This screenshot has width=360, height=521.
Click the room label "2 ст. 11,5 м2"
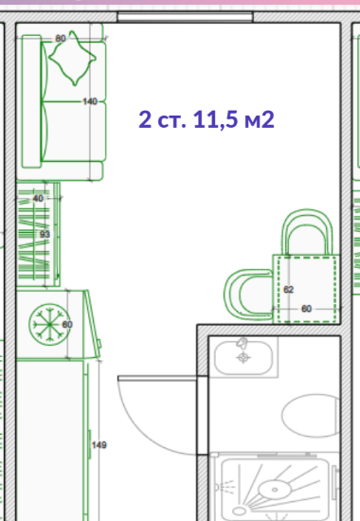click(207, 119)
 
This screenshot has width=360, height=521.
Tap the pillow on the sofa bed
click(73, 58)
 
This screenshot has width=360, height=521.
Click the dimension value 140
click(90, 101)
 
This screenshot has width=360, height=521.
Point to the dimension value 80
click(61, 39)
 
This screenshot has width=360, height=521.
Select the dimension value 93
click(45, 234)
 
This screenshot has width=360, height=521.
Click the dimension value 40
click(38, 198)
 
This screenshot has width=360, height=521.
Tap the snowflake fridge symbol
click(49, 324)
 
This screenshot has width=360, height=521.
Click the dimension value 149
click(99, 445)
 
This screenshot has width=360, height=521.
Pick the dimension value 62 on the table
click(289, 290)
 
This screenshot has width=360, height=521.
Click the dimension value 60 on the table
click(307, 309)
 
